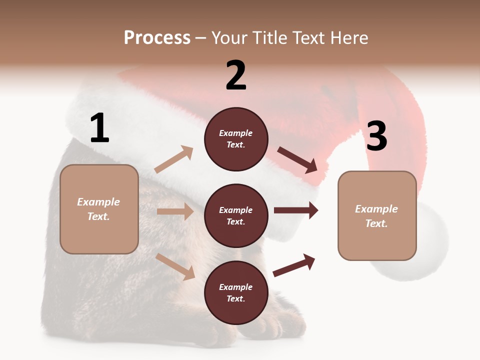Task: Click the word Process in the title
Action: (x=157, y=38)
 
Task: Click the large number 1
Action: (x=99, y=128)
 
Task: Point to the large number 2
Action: (x=236, y=75)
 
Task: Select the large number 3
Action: (x=376, y=136)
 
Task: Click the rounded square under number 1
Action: (x=99, y=209)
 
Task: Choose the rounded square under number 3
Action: (x=377, y=216)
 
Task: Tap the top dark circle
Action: (x=236, y=139)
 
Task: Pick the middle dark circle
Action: (x=236, y=216)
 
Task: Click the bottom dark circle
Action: (x=236, y=293)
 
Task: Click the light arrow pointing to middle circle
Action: (x=175, y=211)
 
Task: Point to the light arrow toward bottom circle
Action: (x=175, y=266)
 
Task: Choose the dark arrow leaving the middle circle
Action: (x=296, y=210)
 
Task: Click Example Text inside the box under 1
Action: (x=98, y=209)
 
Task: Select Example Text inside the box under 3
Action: (x=376, y=216)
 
